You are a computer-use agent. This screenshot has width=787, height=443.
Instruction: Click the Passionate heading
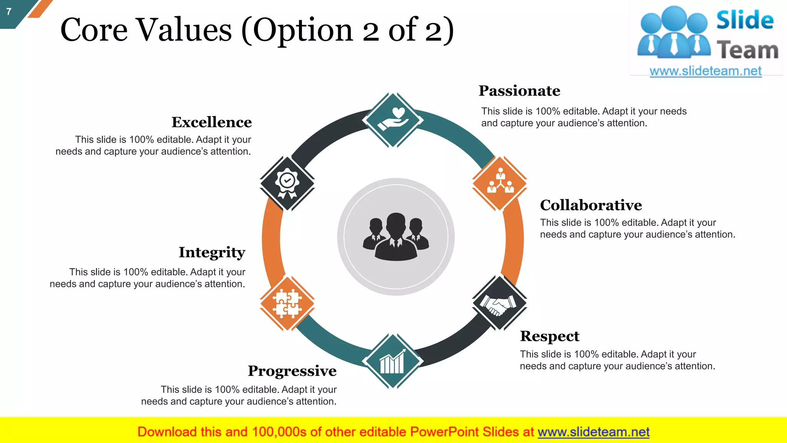click(519, 91)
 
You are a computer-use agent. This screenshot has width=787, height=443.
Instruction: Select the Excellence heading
click(211, 122)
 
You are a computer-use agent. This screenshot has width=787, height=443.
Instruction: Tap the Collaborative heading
click(591, 205)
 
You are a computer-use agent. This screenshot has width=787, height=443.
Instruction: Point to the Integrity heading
click(212, 252)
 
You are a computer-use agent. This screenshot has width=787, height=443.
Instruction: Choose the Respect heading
click(550, 336)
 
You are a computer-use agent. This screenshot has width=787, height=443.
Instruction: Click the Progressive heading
click(292, 371)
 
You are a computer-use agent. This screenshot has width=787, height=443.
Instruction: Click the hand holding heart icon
click(393, 120)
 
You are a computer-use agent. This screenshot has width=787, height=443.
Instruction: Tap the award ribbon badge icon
click(287, 183)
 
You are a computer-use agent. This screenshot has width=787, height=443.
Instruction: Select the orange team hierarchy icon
click(500, 183)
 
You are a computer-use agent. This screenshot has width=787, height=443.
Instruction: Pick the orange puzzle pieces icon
click(287, 303)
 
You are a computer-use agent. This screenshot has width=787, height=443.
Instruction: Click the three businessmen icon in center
click(396, 237)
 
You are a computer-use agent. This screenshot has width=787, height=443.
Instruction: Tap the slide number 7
click(9, 12)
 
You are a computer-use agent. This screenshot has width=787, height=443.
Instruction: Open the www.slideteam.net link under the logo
click(705, 71)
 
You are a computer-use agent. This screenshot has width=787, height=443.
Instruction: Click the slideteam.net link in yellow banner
click(593, 432)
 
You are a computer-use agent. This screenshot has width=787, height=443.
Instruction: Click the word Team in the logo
click(747, 50)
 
